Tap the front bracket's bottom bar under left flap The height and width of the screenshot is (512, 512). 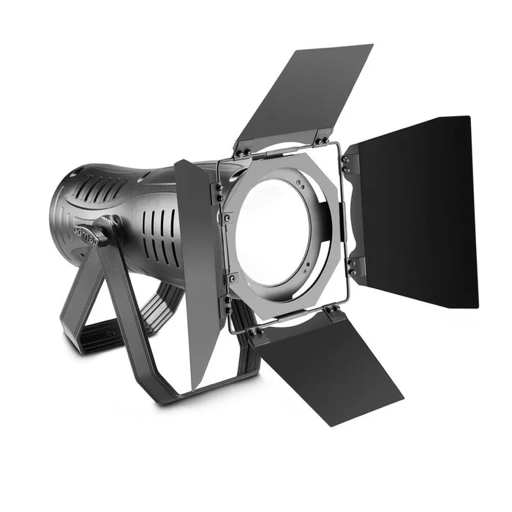(212, 388)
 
